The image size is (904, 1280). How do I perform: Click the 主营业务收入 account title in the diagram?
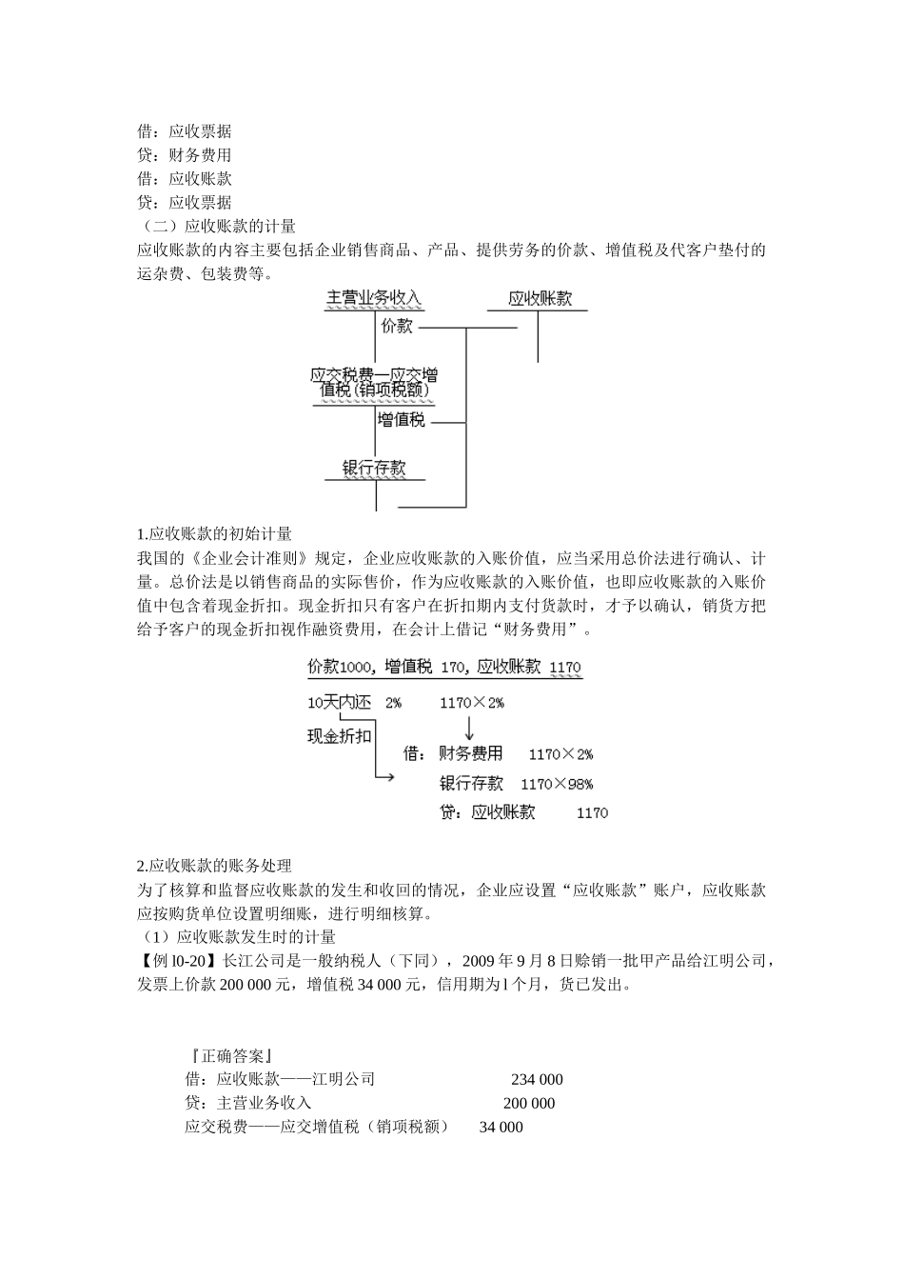(x=374, y=298)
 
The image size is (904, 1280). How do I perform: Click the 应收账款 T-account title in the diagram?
(x=540, y=298)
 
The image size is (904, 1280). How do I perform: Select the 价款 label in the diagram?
(x=397, y=327)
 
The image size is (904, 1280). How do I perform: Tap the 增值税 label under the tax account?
(x=401, y=420)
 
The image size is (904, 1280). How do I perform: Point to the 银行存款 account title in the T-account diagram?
(x=374, y=468)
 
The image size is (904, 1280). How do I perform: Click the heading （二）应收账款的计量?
(x=217, y=226)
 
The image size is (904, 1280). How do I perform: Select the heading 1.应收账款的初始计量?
(x=214, y=533)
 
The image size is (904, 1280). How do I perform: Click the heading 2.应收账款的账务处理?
(x=214, y=866)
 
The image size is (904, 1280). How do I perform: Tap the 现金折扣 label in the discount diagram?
(x=339, y=735)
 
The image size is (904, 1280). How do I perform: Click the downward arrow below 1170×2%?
(x=469, y=729)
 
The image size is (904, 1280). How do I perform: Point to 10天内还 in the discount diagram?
(x=339, y=703)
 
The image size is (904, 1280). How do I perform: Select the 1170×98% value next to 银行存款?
(x=557, y=784)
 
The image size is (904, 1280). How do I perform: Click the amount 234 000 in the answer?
(x=537, y=1079)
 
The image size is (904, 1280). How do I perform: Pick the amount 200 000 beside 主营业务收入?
(x=528, y=1103)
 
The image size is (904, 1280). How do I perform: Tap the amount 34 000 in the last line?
(x=501, y=1127)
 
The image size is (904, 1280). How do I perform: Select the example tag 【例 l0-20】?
(x=179, y=961)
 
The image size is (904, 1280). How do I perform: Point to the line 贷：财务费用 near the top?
(x=185, y=155)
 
